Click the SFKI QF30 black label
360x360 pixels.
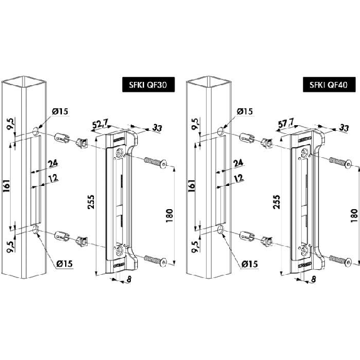point(148,85)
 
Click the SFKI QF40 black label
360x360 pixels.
point(329,85)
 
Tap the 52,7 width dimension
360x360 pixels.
point(100,125)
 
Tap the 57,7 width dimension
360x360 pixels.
point(285,125)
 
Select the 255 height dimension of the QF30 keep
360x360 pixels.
point(91,202)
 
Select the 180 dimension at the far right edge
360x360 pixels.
point(354,215)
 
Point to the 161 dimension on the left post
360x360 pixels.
point(6,186)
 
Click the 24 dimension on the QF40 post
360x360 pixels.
point(238,163)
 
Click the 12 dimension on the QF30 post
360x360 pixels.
point(53,178)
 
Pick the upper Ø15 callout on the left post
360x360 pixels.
point(60,111)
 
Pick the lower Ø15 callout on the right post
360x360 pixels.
point(250,264)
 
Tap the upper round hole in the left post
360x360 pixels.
point(36,131)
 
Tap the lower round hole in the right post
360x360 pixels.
point(220,230)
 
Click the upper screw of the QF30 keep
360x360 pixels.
point(155,162)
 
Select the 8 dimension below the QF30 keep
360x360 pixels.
point(129,279)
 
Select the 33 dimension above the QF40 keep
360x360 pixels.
point(344,128)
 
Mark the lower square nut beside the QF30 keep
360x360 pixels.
point(82,241)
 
